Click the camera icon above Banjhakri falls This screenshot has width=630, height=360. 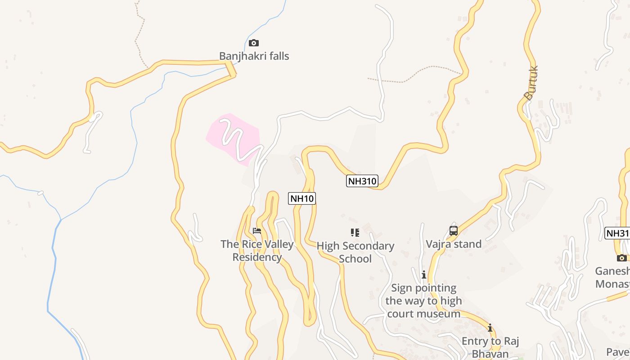pos(254,43)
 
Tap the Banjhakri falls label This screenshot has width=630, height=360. pos(254,56)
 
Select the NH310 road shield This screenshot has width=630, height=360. pos(362,181)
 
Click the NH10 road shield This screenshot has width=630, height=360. pos(302,198)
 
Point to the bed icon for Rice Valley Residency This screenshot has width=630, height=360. pos(257,231)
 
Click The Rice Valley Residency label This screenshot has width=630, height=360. pos(257,251)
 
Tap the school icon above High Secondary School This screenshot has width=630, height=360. pos(355,233)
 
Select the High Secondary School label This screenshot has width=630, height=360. pos(355,252)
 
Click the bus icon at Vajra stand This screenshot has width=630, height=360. pos(454,231)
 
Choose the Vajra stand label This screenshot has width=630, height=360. pos(454,244)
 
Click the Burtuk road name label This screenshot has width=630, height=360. pos(531,83)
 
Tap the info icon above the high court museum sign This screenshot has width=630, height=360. pos(423,274)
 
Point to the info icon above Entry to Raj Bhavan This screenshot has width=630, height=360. pos(490,328)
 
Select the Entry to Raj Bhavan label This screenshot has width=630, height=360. pos(490,347)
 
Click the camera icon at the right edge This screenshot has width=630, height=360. pos(621,258)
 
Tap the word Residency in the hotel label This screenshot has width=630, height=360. pos(257,257)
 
